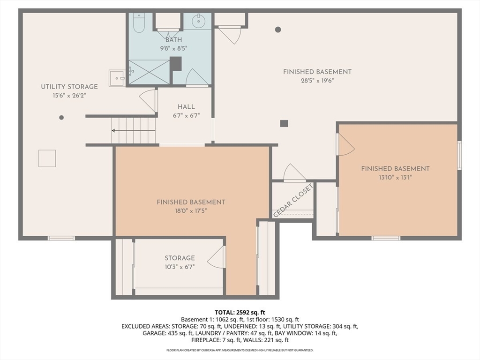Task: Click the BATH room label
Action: [173, 40]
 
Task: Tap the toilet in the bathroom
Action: [139, 23]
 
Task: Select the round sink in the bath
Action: [198, 21]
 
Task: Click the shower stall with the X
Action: [149, 72]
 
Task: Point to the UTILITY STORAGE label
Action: [69, 87]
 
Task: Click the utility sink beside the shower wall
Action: [117, 78]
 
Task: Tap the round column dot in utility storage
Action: [61, 118]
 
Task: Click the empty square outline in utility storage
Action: [47, 158]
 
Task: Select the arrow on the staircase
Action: [134, 131]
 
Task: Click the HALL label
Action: [187, 107]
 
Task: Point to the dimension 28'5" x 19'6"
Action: [317, 81]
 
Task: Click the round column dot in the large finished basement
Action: [278, 30]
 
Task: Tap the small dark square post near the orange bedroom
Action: [284, 123]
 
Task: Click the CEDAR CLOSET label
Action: [293, 201]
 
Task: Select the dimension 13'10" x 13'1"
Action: [395, 177]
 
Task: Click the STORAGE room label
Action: [180, 258]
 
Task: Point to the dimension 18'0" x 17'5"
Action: [191, 210]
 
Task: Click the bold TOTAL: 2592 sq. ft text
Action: [240, 313]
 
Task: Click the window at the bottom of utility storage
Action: [61, 238]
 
